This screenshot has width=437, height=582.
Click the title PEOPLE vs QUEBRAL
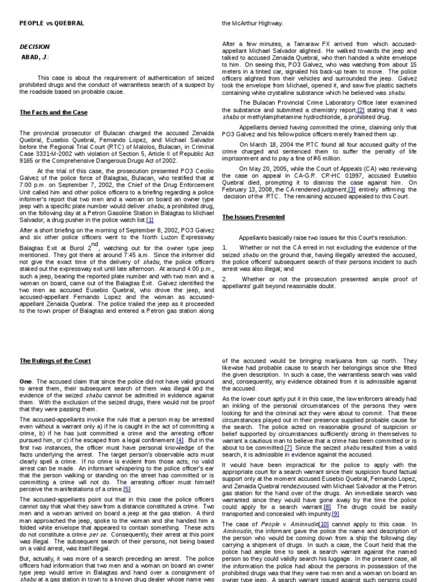point(52,23)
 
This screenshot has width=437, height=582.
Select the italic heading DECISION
point(35,47)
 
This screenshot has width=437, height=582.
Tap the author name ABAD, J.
point(35,57)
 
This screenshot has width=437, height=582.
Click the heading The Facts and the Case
point(53,113)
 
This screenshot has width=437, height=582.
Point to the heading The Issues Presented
point(253,217)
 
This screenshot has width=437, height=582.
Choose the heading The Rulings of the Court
point(55,361)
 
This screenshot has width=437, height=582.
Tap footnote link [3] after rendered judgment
point(352,189)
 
